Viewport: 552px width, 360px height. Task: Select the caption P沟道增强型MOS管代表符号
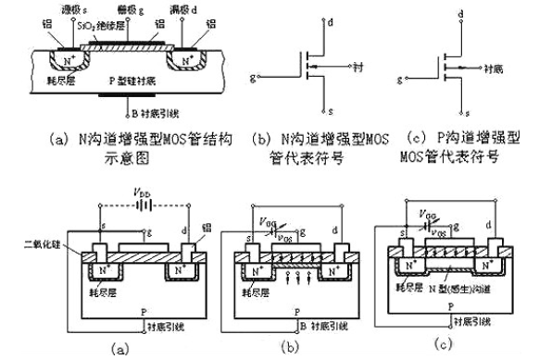coord(460,146)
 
